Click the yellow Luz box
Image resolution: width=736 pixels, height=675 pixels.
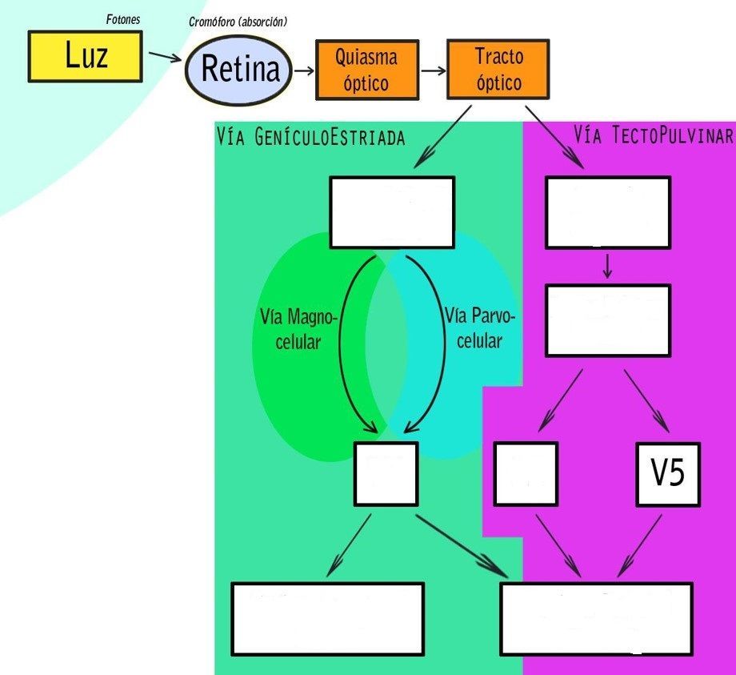[85, 56]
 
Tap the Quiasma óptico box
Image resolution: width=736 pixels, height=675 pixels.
[366, 70]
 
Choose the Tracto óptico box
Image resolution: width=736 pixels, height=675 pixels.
[498, 70]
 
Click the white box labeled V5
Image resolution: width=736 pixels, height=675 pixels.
[667, 474]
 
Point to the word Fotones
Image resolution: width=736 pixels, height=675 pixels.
[123, 18]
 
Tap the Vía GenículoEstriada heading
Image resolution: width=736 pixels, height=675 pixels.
[310, 138]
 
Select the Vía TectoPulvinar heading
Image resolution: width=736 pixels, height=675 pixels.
[653, 135]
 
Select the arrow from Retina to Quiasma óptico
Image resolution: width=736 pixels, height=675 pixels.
[303, 70]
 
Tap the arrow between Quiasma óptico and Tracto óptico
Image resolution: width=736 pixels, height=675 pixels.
[433, 70]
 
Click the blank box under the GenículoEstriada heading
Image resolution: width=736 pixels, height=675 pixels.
[392, 212]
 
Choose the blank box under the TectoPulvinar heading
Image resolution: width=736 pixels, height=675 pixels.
[607, 212]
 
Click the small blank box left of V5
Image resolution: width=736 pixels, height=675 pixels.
[525, 474]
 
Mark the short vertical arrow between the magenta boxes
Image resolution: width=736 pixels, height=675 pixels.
[607, 266]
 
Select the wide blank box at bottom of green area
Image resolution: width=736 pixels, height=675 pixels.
[326, 618]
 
